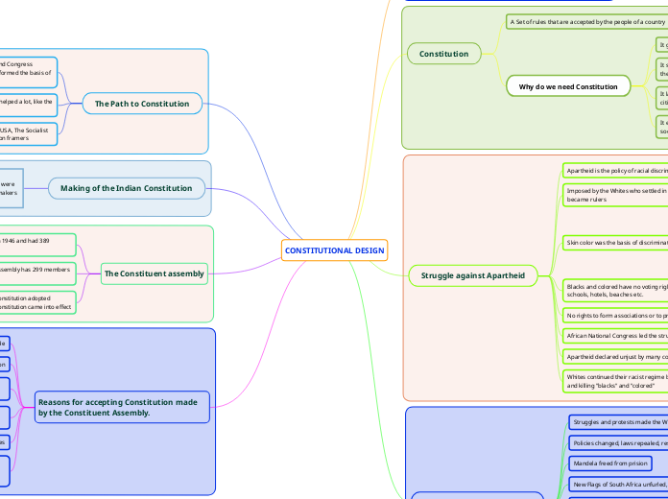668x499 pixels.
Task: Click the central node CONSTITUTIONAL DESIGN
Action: [334, 250]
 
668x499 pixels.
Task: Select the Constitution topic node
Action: [443, 54]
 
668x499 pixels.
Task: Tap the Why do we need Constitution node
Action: [568, 86]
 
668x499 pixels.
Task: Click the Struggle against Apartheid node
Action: [473, 275]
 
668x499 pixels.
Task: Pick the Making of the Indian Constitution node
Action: [128, 188]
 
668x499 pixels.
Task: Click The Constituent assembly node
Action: [154, 273]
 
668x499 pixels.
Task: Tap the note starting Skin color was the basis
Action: [613, 243]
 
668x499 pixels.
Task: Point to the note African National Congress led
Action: [613, 336]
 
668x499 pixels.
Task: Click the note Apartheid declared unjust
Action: [613, 356]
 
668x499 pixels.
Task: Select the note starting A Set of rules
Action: [586, 21]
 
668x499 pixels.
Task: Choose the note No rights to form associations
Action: [613, 315]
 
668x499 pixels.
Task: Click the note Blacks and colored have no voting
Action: [613, 291]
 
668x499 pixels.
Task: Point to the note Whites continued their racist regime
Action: [613, 381]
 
